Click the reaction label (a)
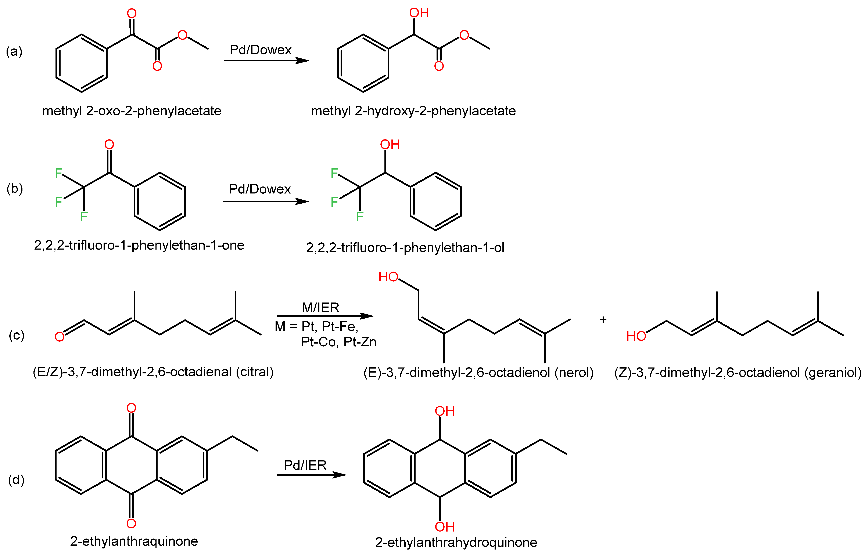[x=14, y=51]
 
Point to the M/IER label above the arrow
[x=320, y=308]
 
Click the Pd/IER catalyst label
[x=305, y=465]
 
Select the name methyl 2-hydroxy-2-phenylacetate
[x=413, y=111]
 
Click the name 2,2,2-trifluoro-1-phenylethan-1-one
[x=139, y=245]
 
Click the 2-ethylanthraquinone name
[x=134, y=541]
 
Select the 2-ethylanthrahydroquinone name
[x=456, y=542]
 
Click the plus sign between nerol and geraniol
[x=603, y=320]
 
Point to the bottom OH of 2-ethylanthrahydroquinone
[x=445, y=527]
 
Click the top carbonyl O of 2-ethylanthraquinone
[x=131, y=408]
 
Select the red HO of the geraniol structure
[x=636, y=336]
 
